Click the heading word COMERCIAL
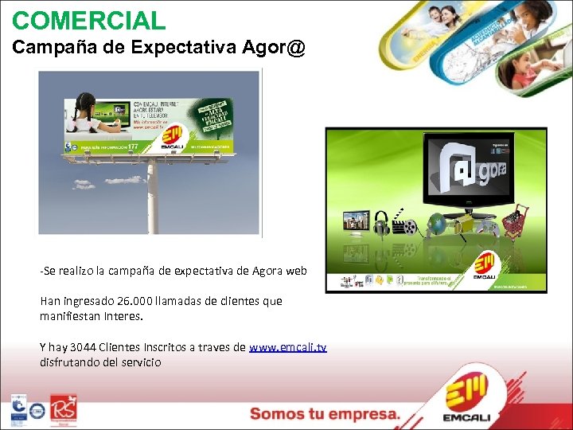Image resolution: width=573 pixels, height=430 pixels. click(89, 19)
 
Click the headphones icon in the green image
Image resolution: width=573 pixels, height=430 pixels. click(382, 221)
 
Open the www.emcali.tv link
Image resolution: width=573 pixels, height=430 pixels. click(287, 348)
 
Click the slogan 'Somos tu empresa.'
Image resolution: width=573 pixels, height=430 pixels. click(325, 414)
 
